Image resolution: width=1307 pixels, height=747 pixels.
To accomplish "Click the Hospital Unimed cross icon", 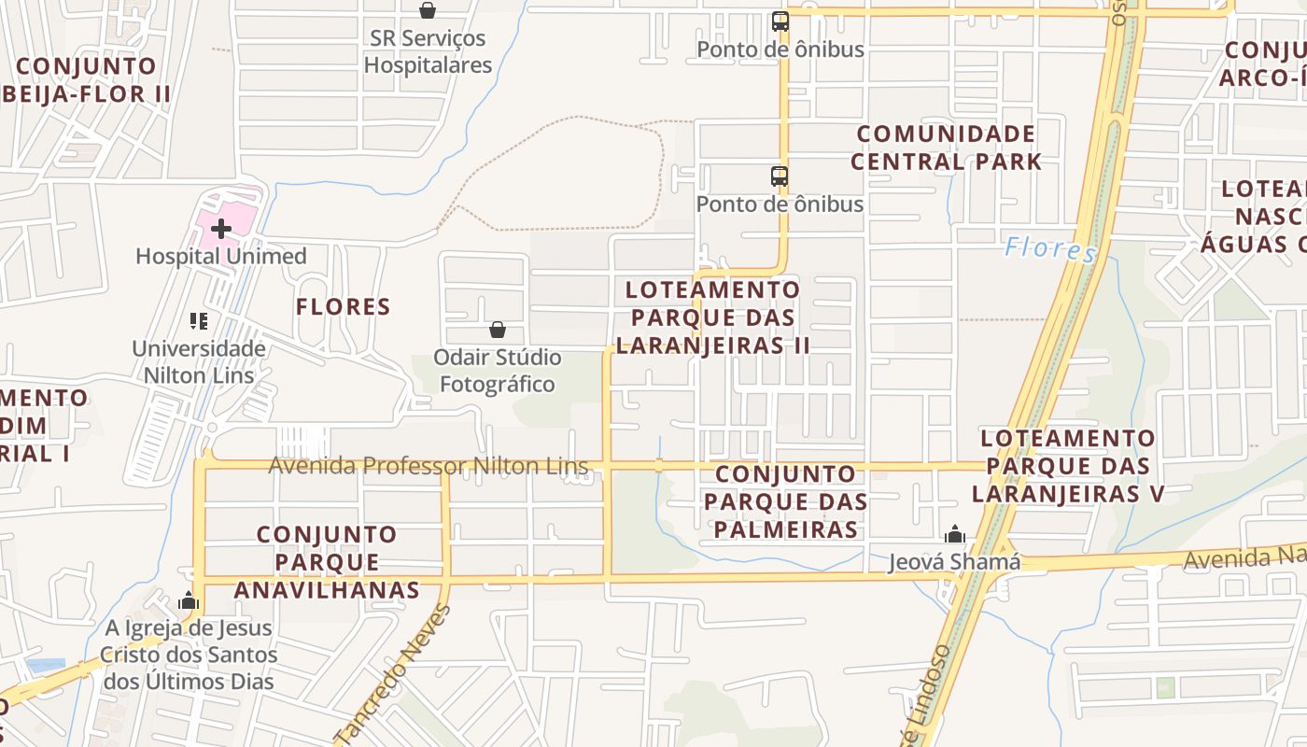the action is pos(221,228).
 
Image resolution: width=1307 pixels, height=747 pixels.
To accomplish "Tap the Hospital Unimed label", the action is pos(221,256).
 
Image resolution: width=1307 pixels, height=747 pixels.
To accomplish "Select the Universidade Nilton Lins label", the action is pos(198,361).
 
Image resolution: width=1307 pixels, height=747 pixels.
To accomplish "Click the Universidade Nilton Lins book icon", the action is pos(198,321).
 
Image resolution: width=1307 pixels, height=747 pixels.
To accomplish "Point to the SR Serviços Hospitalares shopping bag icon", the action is pos(428,10).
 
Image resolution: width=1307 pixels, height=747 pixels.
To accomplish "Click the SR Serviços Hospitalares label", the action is pos(428,51).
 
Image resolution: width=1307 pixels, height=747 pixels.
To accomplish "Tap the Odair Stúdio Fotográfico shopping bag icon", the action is pos(498,330).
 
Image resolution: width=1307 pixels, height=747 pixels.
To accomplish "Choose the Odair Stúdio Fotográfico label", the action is pos(498,371).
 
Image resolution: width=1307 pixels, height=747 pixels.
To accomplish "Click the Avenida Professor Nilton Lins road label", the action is pos(429,465).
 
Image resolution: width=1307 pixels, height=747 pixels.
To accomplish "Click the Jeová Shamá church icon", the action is pos(954,534).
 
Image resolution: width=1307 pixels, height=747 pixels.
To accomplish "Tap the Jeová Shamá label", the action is pos(954,562).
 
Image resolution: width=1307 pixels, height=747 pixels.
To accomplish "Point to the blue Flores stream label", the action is pos(1050,249).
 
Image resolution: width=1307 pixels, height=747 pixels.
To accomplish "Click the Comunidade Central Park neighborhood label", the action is pos(946,148).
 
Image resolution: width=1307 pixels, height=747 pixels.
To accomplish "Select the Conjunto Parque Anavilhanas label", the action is pos(327,562).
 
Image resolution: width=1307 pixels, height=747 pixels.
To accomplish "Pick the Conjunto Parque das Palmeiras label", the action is pos(786,501).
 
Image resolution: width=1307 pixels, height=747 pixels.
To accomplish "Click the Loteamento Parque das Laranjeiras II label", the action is pos(713,317).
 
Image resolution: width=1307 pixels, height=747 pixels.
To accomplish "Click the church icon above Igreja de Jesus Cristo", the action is pos(190,600).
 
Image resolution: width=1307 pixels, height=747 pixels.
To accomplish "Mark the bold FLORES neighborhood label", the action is pos(343,306).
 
